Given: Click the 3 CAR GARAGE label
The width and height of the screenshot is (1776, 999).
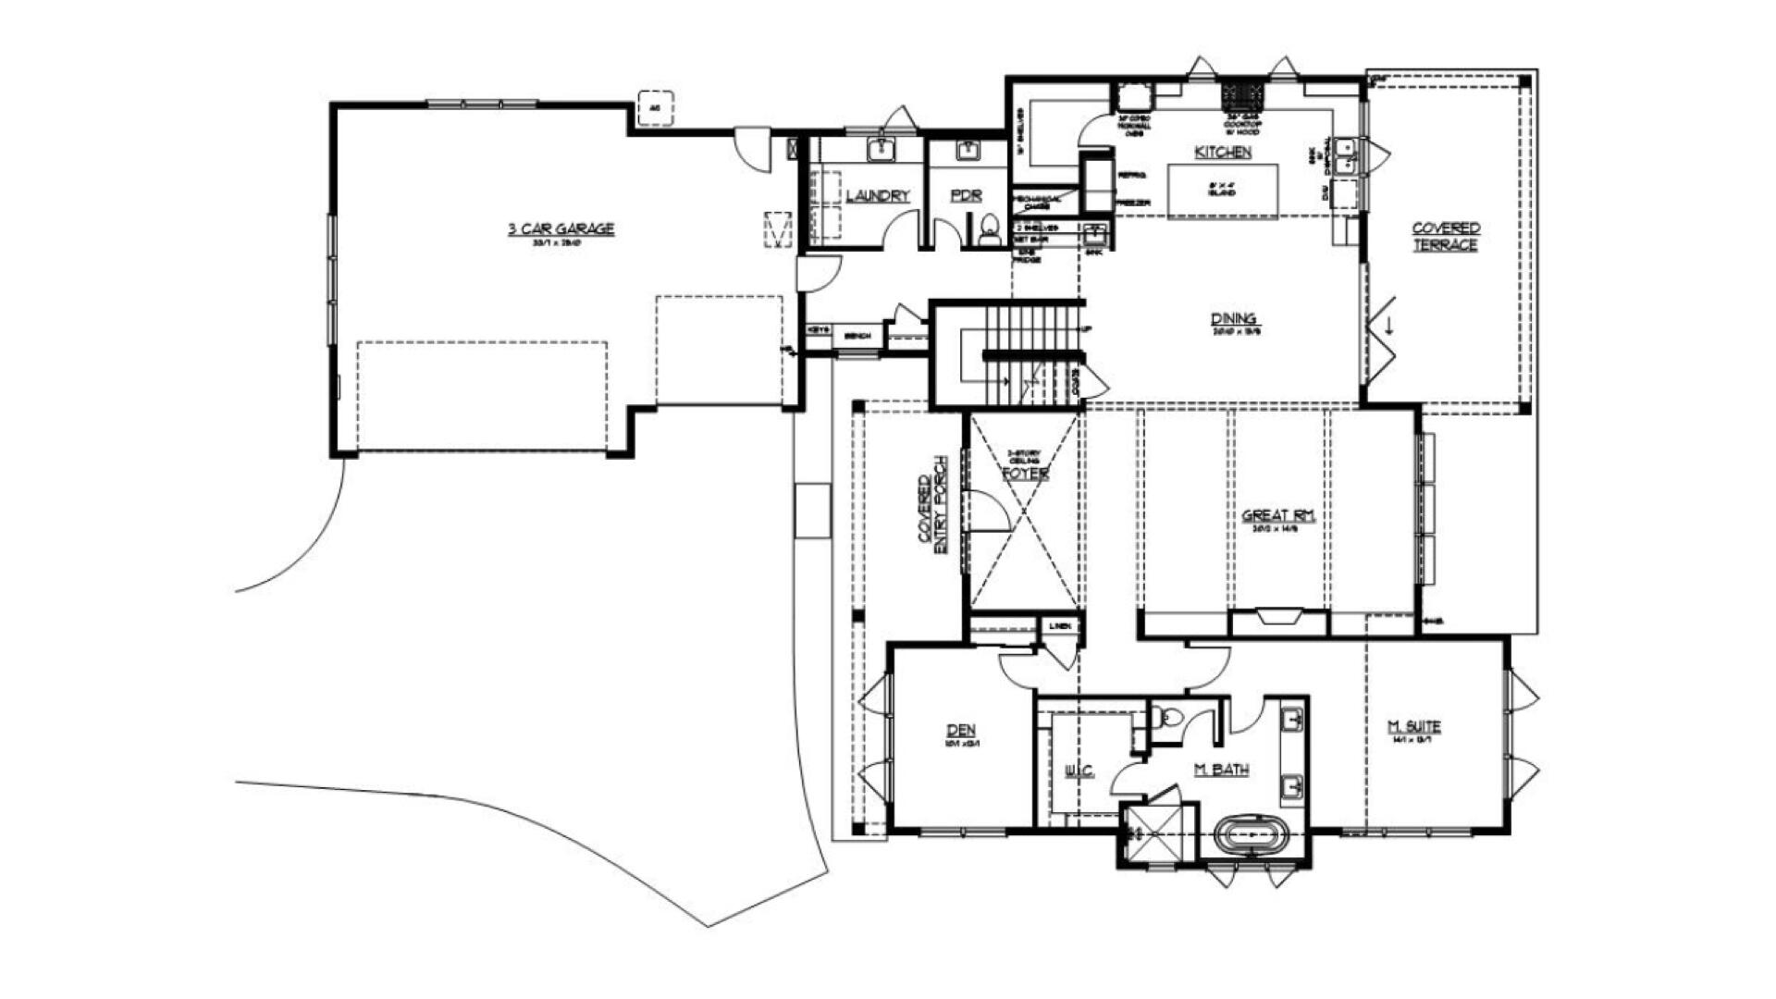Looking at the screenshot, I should [561, 228].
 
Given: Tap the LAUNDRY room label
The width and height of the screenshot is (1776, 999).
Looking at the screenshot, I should [878, 196].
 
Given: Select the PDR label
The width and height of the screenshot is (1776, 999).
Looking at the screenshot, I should [966, 196].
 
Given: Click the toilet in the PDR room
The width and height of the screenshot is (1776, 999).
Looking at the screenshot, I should [990, 229].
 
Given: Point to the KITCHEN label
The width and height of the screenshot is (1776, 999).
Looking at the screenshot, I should [1223, 152].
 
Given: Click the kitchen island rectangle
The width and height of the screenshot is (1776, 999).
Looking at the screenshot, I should [1222, 191].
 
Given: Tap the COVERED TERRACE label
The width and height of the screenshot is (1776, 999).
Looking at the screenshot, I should [1446, 236].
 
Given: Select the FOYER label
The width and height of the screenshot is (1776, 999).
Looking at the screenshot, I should [1025, 474].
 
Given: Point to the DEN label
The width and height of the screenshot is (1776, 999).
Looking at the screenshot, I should [961, 730].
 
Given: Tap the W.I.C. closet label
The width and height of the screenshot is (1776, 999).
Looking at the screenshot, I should [1079, 771].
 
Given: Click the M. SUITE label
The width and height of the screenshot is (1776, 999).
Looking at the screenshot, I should [1414, 727].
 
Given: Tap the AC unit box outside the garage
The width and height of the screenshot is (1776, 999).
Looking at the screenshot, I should [655, 108].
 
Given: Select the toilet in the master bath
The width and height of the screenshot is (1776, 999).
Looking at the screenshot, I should [1167, 718].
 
